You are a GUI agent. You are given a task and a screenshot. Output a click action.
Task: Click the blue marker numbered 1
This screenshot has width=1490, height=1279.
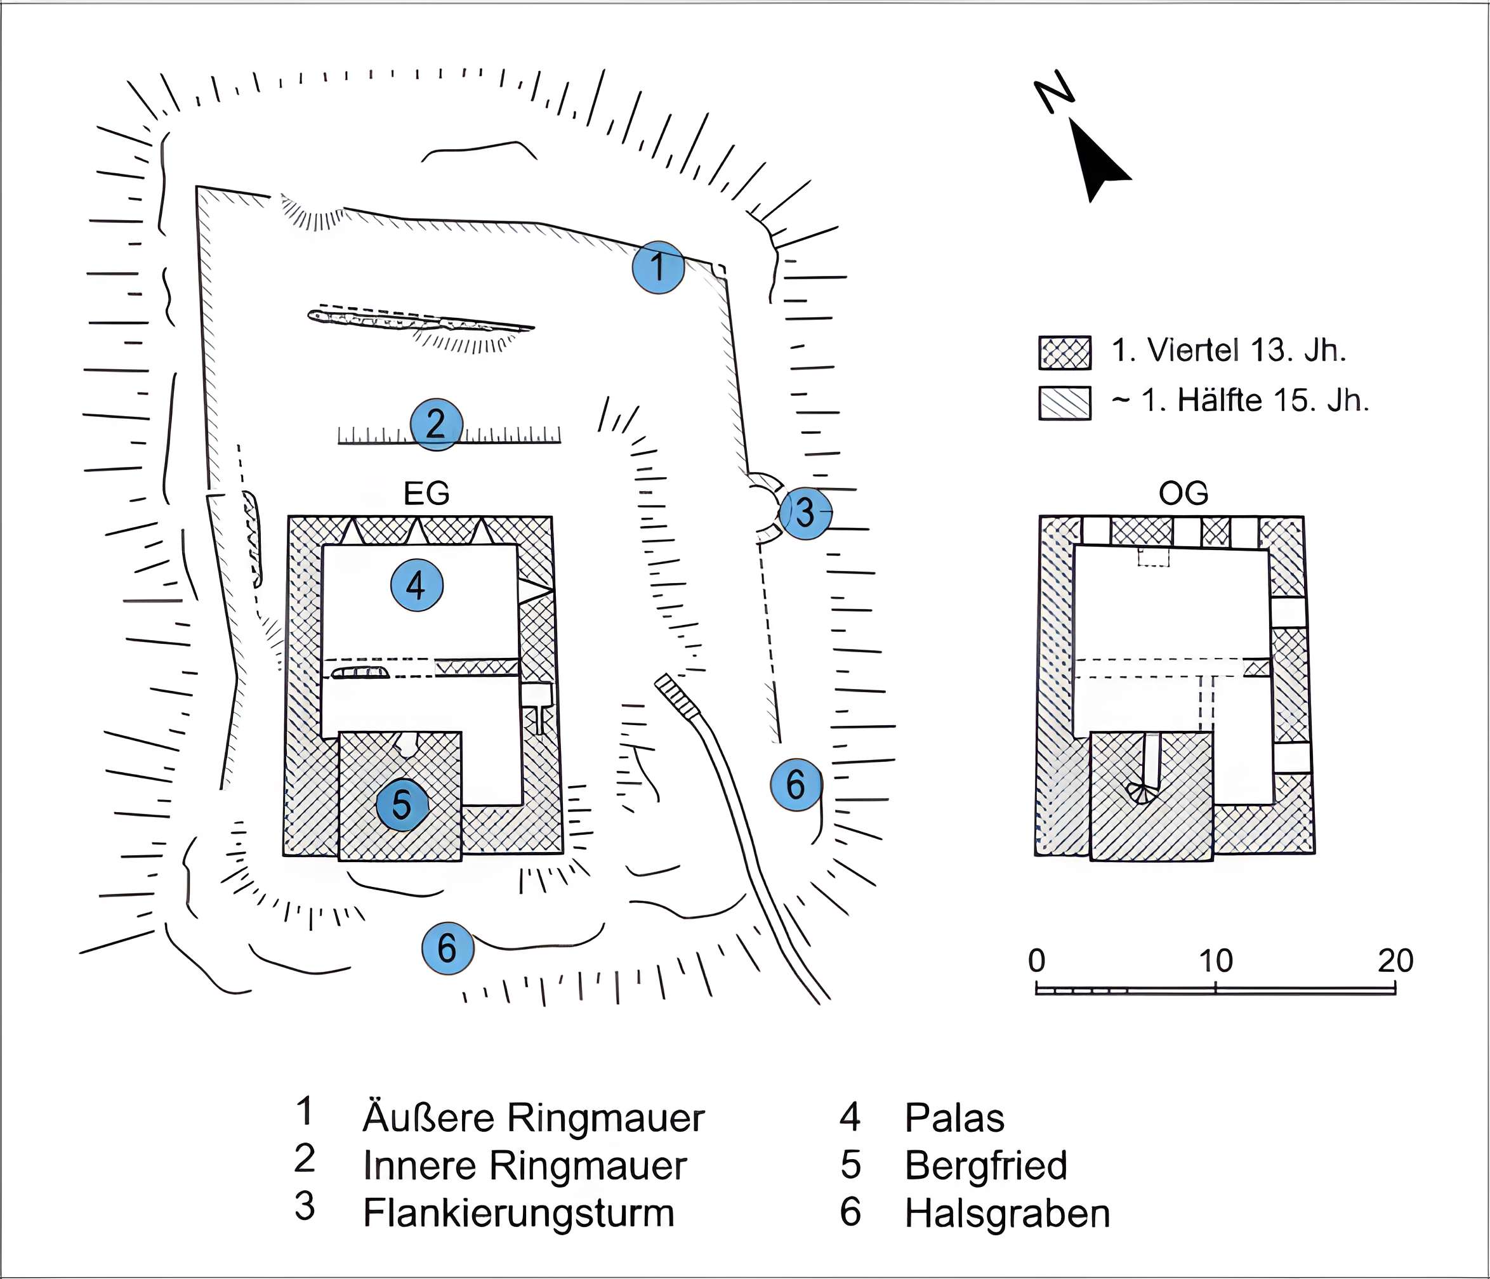[658, 268]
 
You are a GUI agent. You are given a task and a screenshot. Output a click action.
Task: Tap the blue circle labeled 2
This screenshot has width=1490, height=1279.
[436, 424]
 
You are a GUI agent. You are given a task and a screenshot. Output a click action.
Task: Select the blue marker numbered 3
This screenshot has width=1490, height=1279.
[805, 513]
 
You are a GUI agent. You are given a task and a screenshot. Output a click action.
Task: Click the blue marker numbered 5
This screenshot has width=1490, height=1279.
[402, 804]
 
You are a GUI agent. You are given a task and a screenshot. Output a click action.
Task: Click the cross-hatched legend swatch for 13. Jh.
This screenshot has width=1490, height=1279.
[1064, 353]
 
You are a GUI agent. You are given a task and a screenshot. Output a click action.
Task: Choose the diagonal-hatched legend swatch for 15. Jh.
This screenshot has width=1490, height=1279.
[1064, 403]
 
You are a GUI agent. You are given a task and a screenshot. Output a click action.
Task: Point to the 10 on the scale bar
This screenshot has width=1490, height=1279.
[1215, 961]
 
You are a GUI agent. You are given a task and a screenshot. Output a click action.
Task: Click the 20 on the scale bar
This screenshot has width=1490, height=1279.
[1395, 961]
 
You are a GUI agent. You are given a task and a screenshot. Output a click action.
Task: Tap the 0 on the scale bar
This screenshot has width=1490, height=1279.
[1036, 961]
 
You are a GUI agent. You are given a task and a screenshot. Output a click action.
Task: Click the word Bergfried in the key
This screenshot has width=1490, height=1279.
[985, 1165]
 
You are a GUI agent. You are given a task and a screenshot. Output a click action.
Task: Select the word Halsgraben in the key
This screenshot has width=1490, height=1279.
[1006, 1214]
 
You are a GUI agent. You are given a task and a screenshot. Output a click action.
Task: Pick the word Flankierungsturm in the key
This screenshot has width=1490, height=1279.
[518, 1214]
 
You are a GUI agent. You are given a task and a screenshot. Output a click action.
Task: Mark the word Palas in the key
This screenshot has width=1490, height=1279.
[954, 1118]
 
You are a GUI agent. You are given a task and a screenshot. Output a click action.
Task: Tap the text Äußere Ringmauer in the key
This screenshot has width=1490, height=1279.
[533, 1118]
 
